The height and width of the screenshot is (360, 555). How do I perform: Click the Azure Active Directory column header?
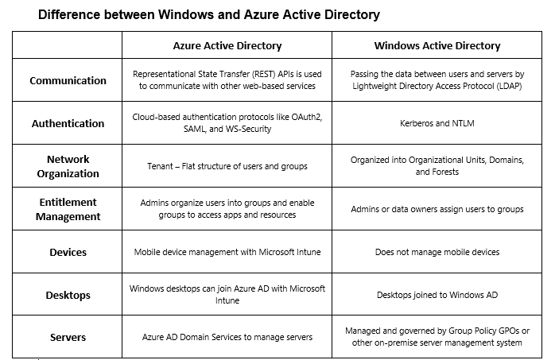(227, 45)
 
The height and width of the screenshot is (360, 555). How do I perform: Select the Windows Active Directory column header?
(437, 45)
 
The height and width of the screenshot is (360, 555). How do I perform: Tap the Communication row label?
(68, 80)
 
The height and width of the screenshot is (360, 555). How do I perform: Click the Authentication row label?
(68, 123)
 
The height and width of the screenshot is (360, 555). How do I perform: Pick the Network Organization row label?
(68, 166)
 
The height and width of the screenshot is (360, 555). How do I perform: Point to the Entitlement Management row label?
(68, 209)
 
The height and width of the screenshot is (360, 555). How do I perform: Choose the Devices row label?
(68, 252)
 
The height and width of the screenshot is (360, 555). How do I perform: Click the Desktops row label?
(68, 295)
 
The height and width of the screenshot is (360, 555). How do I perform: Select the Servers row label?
(68, 338)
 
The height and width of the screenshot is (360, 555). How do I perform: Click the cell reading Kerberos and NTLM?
(437, 123)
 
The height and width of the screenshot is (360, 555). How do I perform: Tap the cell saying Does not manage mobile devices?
(437, 252)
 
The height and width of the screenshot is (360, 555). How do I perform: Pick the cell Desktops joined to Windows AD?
(437, 295)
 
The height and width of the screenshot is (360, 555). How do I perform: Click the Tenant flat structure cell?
(227, 166)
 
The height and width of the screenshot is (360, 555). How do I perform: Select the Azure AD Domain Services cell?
(227, 337)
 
